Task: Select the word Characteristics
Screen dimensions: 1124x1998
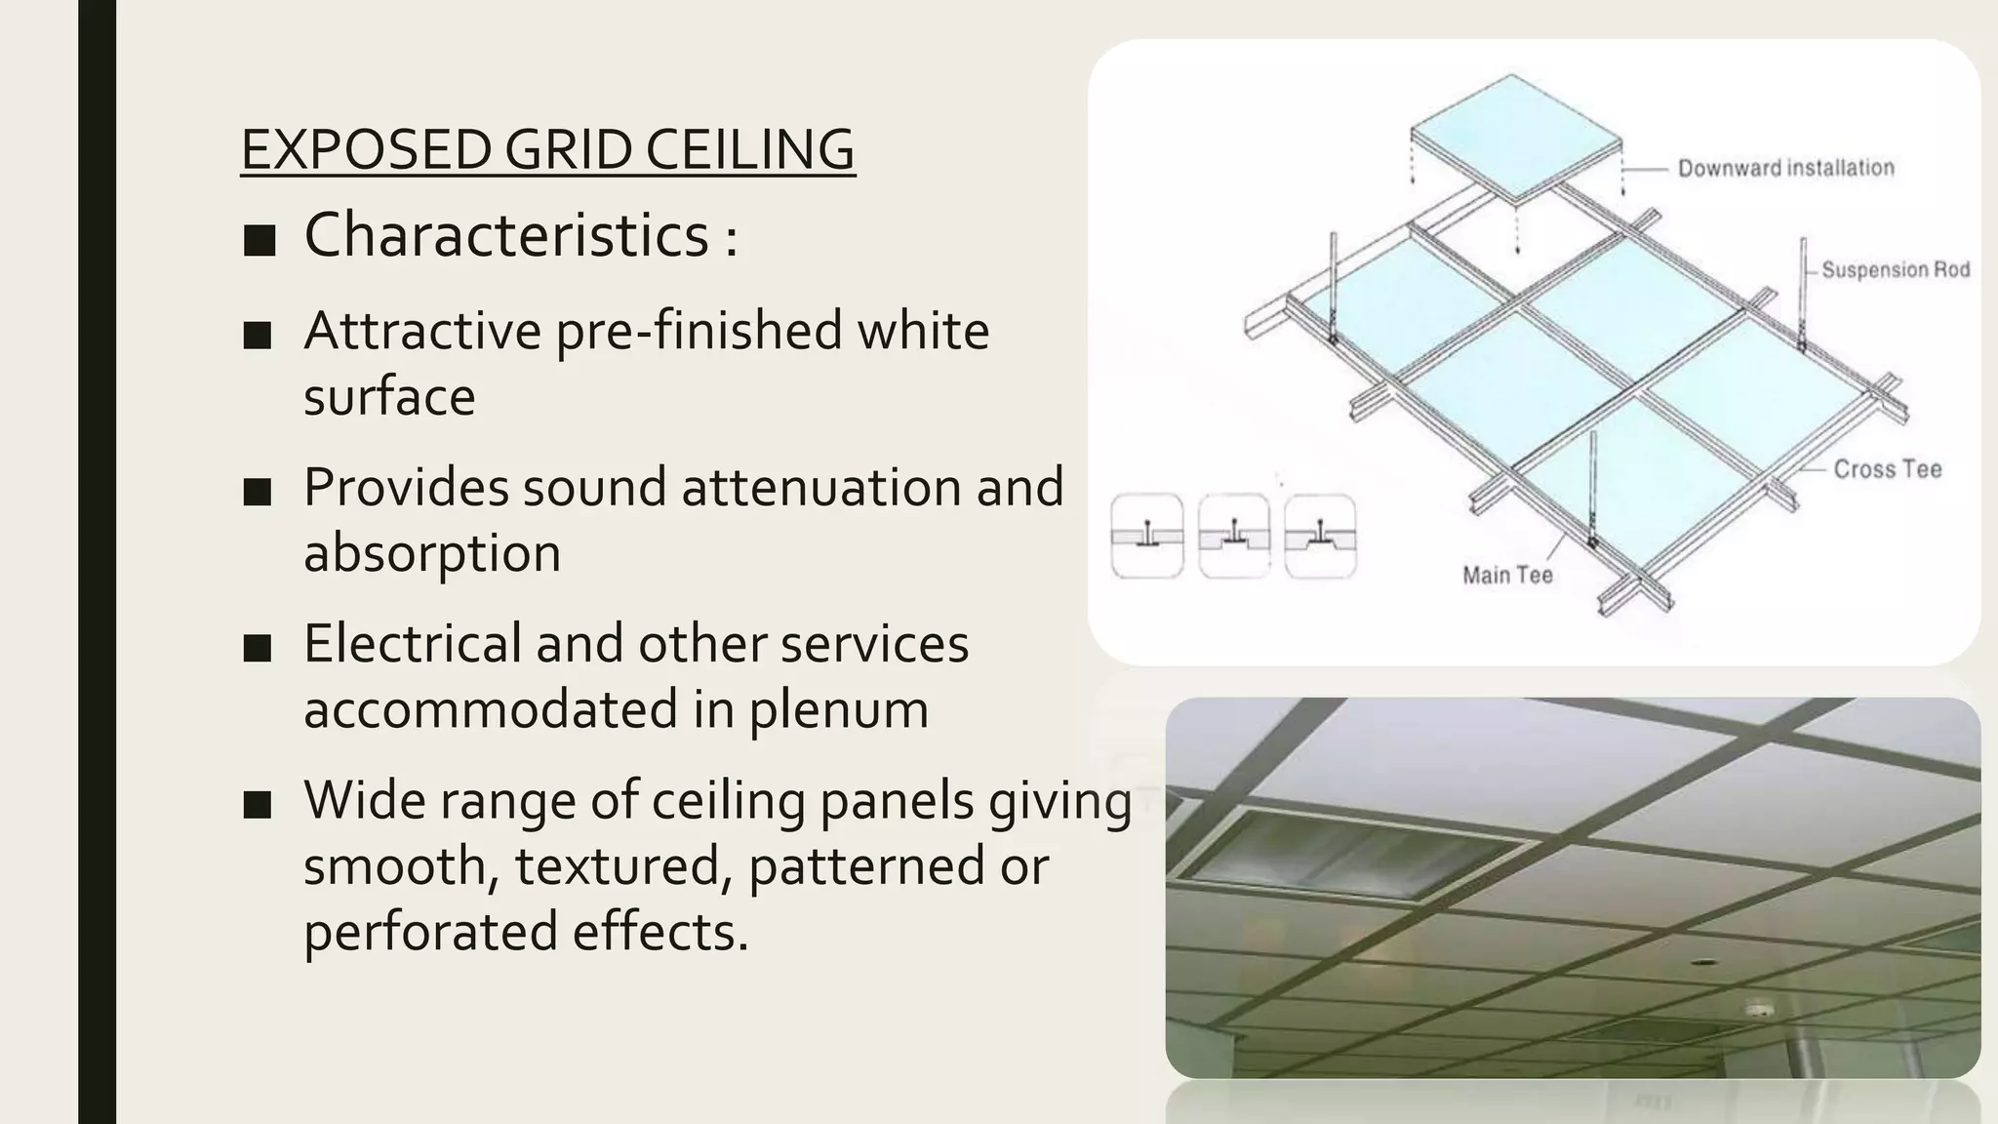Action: point(506,235)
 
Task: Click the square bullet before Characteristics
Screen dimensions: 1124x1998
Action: point(260,239)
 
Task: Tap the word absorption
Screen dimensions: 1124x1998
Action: point(431,552)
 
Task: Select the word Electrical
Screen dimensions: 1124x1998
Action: point(412,644)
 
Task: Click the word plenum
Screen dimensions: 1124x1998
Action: point(838,709)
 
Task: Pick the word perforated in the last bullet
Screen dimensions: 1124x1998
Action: point(430,931)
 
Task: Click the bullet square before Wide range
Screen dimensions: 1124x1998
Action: point(258,805)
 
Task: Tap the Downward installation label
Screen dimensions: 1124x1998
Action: point(1785,168)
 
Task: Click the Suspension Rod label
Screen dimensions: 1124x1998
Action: point(1895,269)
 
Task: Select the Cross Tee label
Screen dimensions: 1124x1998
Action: point(1887,469)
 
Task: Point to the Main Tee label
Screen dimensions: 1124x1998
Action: point(1507,576)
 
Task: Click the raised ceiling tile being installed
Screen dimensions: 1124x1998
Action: point(1514,137)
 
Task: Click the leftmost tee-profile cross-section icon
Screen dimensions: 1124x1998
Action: point(1147,537)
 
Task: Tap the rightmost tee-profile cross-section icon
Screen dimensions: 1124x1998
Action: point(1320,537)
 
